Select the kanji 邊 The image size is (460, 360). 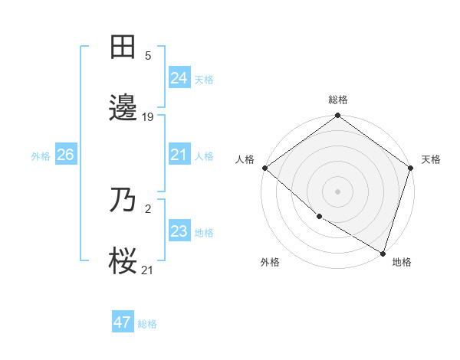124,110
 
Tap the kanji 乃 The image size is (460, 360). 124,201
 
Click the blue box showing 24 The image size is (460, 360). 179,78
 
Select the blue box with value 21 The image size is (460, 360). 179,155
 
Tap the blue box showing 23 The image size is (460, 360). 179,231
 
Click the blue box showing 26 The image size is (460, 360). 65,155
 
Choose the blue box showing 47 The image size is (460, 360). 122,322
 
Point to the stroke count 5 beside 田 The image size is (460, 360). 148,56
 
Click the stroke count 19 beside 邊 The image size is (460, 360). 148,117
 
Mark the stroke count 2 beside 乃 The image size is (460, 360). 148,208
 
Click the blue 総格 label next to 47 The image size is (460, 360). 147,324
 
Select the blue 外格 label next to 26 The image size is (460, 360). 41,156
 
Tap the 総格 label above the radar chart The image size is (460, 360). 338,100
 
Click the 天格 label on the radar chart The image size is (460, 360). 431,159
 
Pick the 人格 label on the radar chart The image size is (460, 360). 245,159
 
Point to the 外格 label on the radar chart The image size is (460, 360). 270,262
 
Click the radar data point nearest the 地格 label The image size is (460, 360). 383,252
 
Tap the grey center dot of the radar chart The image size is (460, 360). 337,191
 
